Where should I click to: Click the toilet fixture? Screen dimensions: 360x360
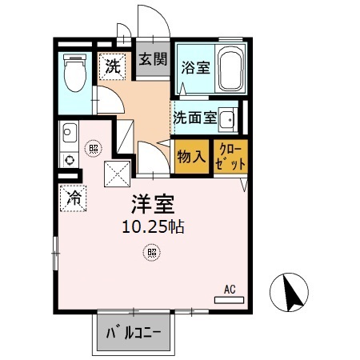point(75,73)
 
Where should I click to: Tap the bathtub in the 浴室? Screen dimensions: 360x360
point(231,68)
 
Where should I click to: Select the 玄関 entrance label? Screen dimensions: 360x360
point(153,59)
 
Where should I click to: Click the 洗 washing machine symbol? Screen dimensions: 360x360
point(112,66)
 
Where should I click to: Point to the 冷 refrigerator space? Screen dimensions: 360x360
point(73,198)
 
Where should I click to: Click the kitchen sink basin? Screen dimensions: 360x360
point(70,133)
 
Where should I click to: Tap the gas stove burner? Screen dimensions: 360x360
point(70,160)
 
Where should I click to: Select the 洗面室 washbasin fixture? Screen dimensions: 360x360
point(228,120)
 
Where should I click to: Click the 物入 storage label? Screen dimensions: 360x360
point(191,156)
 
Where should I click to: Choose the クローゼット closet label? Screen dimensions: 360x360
point(230,158)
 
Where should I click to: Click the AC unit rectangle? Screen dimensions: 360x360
point(230,300)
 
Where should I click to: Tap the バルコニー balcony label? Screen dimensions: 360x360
point(134,333)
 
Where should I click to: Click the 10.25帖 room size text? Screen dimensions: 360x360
point(153,227)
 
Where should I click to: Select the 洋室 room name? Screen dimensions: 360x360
point(153,204)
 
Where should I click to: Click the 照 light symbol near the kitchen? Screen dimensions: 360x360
point(94,148)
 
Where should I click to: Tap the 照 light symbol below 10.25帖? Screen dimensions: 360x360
point(152,252)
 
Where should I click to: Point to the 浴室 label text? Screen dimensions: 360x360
point(196,67)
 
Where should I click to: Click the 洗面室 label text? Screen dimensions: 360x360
point(195,118)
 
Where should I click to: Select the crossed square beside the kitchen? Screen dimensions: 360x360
point(118,174)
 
